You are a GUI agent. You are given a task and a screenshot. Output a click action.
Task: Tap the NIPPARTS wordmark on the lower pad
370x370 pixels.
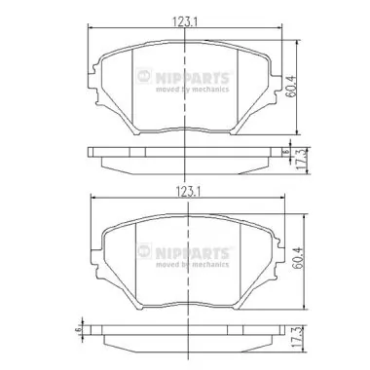click(x=199, y=252)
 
